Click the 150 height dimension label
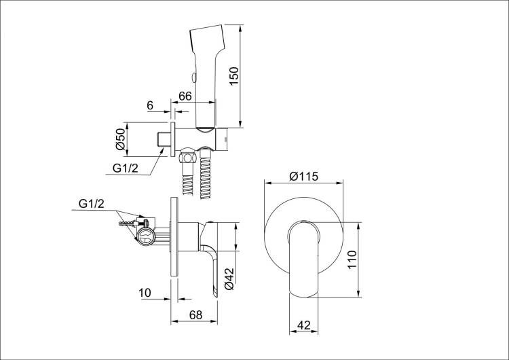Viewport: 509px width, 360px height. point(234,76)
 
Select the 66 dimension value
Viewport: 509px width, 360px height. point(185,96)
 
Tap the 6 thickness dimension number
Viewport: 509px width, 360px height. point(150,105)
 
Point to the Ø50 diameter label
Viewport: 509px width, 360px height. point(120,139)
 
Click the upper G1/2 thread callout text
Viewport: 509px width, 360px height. point(126,168)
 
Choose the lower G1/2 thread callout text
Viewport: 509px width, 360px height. point(92,204)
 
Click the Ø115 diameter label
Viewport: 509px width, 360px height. point(304,176)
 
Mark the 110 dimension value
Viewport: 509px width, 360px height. point(352,259)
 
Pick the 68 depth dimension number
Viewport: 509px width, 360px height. point(195,315)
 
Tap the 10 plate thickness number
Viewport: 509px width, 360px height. point(145,293)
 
